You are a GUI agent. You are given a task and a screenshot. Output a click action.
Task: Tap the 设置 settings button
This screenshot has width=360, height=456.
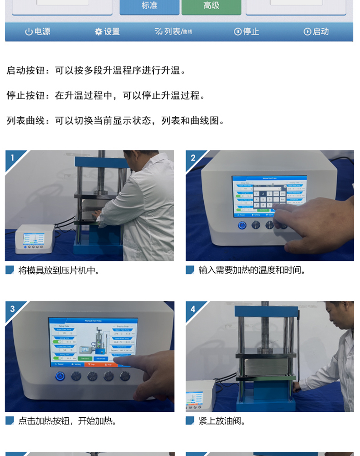tap(107, 31)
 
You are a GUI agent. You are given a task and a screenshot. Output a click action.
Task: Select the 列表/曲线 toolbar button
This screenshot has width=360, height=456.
tap(173, 31)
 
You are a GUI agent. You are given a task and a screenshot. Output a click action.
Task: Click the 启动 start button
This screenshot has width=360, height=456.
tap(316, 31)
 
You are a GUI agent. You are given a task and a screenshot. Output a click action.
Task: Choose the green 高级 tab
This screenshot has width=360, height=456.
tap(211, 6)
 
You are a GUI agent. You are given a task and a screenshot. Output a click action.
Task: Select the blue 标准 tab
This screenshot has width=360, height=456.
tap(149, 6)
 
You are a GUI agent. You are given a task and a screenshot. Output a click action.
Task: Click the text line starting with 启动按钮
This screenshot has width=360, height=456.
tap(96, 71)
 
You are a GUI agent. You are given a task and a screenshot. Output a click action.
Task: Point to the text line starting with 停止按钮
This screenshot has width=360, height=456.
tap(106, 96)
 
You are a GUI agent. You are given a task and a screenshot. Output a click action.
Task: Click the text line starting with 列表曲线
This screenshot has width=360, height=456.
tap(116, 121)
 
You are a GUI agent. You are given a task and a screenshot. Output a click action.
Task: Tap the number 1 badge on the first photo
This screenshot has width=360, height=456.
tap(12, 158)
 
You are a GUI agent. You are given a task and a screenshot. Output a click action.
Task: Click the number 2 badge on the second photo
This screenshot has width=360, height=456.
tap(193, 158)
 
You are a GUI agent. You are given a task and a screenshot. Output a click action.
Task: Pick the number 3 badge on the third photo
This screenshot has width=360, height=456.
tap(12, 309)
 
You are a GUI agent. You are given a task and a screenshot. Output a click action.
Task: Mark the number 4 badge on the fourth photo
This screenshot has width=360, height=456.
tap(193, 309)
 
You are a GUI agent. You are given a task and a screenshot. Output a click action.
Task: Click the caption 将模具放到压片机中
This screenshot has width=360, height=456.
tap(59, 270)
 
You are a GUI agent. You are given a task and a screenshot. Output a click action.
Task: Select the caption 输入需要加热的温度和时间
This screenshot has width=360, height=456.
tap(252, 270)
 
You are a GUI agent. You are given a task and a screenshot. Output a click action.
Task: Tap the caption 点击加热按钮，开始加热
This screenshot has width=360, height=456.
tap(67, 421)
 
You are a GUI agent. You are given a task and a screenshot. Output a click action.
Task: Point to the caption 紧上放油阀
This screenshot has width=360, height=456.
tap(222, 421)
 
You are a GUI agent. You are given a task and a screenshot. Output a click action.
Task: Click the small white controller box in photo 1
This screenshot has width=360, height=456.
tap(35, 239)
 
